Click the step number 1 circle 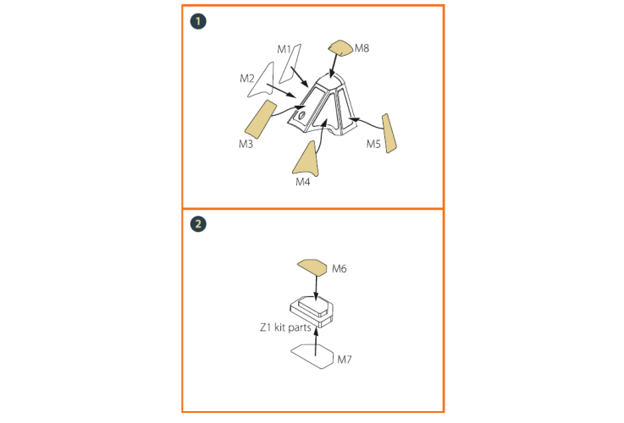[x=198, y=21]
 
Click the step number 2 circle [x=198, y=224]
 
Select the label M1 [x=284, y=49]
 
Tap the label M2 [x=246, y=79]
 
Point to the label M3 [x=246, y=144]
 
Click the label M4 [x=302, y=182]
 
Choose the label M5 [x=373, y=144]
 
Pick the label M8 [x=362, y=48]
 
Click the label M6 [x=339, y=269]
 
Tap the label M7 [x=345, y=360]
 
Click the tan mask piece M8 [x=340, y=47]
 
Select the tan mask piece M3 [x=261, y=119]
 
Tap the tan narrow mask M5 [x=389, y=133]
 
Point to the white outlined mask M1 [x=290, y=63]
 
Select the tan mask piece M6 [x=312, y=267]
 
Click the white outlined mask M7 [x=312, y=356]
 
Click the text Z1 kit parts [x=285, y=327]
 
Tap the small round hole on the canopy [x=301, y=116]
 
